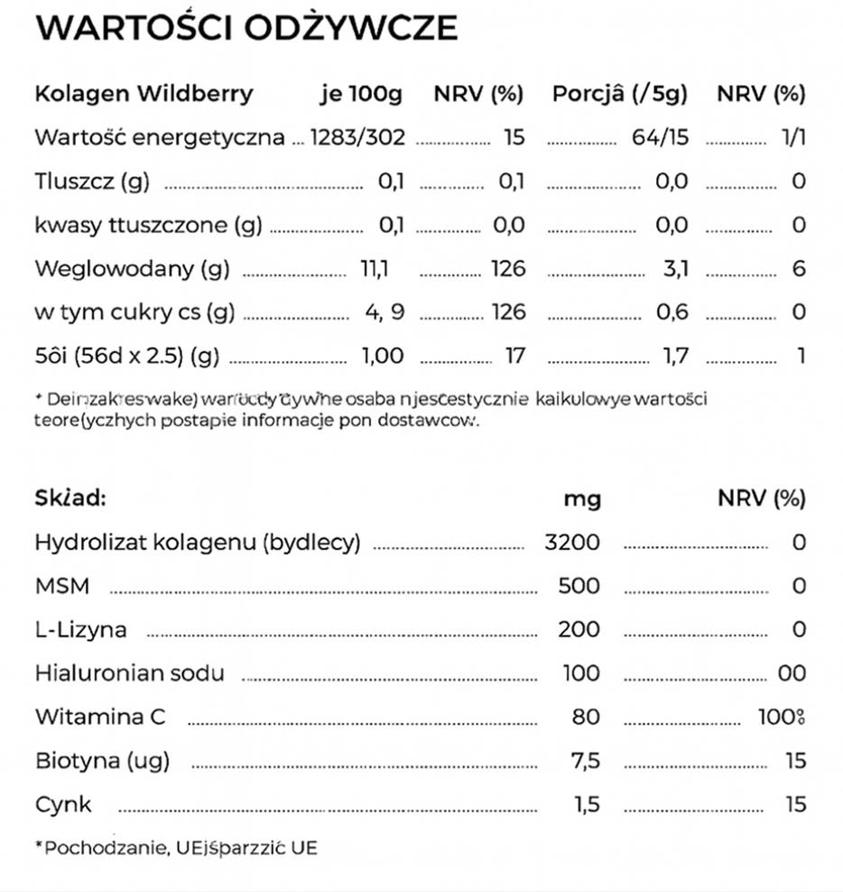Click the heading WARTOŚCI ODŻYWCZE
[245, 28]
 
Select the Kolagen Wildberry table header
[144, 94]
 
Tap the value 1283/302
[357, 138]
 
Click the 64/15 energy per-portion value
[660, 138]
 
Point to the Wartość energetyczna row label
[159, 138]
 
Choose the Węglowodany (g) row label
[132, 269]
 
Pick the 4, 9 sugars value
[384, 312]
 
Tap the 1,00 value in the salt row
[383, 356]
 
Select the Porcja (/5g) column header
[619, 94]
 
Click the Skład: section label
[70, 497]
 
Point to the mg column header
[582, 498]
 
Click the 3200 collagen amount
[572, 543]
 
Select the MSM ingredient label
[62, 586]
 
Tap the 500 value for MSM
[579, 586]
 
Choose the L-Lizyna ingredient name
[80, 629]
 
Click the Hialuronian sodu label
[129, 674]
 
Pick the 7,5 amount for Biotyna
[585, 761]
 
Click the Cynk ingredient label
[63, 804]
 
